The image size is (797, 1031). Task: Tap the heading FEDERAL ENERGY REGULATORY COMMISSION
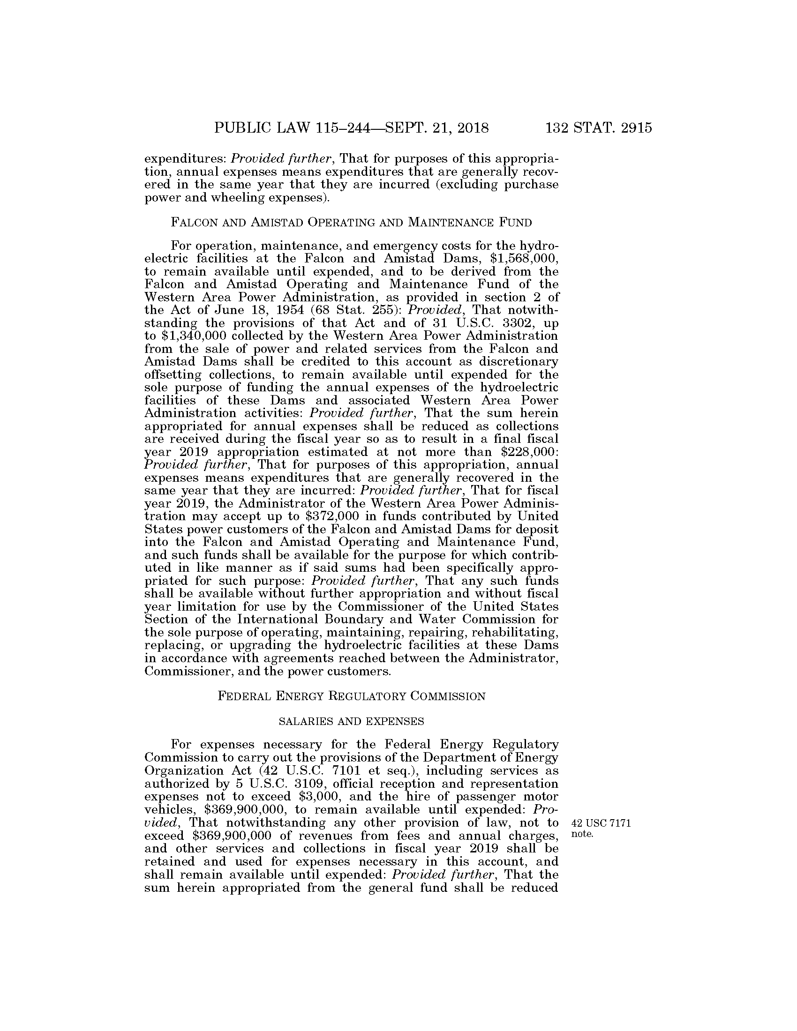(351, 696)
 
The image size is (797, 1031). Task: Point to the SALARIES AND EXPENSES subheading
(351, 721)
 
